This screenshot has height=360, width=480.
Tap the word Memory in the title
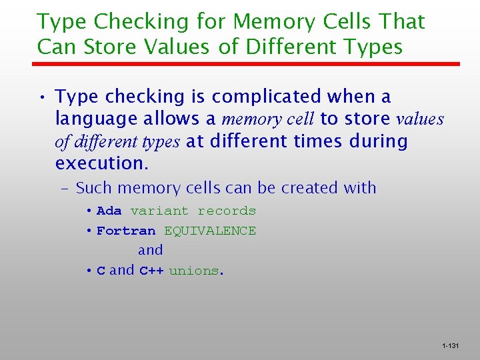tap(264, 22)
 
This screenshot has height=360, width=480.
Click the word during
tap(377, 141)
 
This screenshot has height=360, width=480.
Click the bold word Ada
tap(109, 211)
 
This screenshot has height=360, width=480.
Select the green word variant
tap(159, 211)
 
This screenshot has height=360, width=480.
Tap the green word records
tap(227, 211)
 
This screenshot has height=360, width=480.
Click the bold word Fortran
tap(126, 231)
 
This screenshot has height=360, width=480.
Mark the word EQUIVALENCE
tap(210, 231)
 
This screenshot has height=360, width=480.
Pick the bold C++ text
tap(151, 271)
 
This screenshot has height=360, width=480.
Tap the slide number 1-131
tap(451, 346)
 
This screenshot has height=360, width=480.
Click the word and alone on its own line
tap(150, 251)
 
